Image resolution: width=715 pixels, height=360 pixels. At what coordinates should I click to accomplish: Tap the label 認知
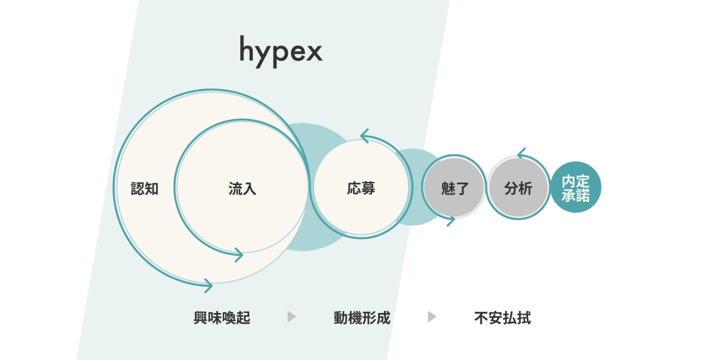point(144,189)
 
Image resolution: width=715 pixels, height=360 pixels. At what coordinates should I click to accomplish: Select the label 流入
point(242,189)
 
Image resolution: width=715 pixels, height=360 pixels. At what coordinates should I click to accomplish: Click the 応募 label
point(361,188)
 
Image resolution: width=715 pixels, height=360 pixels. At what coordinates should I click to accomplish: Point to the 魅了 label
point(455,189)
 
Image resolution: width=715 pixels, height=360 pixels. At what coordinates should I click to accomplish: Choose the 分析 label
point(518,189)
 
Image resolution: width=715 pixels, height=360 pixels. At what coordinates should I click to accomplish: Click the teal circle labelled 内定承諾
point(576,188)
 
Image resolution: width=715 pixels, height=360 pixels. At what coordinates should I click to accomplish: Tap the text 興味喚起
point(222,318)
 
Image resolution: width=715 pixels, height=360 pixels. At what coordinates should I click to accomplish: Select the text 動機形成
point(362,318)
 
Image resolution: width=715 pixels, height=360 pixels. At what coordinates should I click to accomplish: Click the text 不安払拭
point(502,318)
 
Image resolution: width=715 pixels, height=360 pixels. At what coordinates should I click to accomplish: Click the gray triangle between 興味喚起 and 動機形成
point(292,317)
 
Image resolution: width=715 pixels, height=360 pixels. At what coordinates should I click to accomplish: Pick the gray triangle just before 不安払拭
point(432,317)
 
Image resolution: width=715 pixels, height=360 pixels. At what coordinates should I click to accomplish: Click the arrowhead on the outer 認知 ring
point(208,285)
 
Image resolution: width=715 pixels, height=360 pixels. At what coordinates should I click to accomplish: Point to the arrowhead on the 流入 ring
point(238,254)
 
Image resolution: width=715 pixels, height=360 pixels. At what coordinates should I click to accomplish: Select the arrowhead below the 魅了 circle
point(450,220)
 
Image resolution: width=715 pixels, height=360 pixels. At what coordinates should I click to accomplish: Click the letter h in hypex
point(247,49)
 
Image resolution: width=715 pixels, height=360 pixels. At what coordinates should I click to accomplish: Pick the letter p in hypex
point(280,55)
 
